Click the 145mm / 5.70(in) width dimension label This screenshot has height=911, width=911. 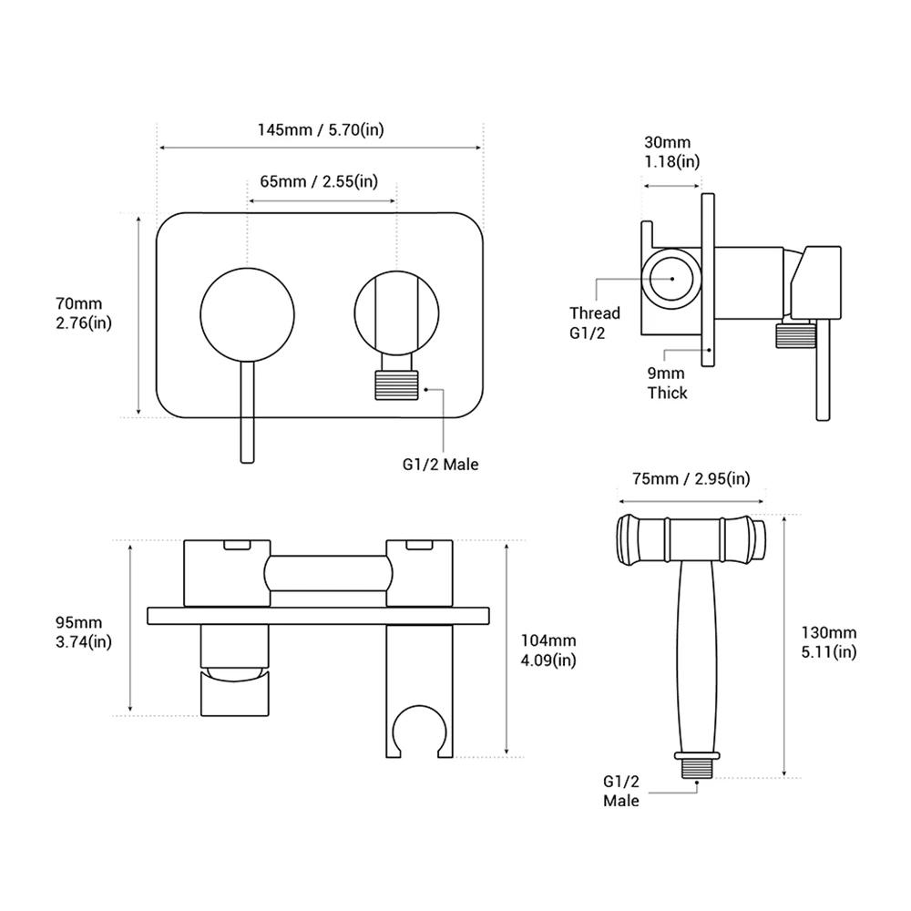(320, 129)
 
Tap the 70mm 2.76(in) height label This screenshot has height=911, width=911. (84, 312)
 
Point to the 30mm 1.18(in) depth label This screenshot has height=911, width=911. (672, 152)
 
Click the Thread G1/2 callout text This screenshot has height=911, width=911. (594, 322)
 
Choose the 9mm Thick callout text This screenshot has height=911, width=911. (667, 384)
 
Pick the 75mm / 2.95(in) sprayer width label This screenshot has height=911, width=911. (691, 478)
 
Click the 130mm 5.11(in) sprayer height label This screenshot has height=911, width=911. (829, 641)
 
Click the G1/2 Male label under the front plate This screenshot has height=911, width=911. (440, 464)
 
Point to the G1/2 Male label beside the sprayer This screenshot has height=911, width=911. (621, 791)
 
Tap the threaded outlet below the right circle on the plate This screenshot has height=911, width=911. (397, 383)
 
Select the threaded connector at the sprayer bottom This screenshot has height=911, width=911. (699, 764)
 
